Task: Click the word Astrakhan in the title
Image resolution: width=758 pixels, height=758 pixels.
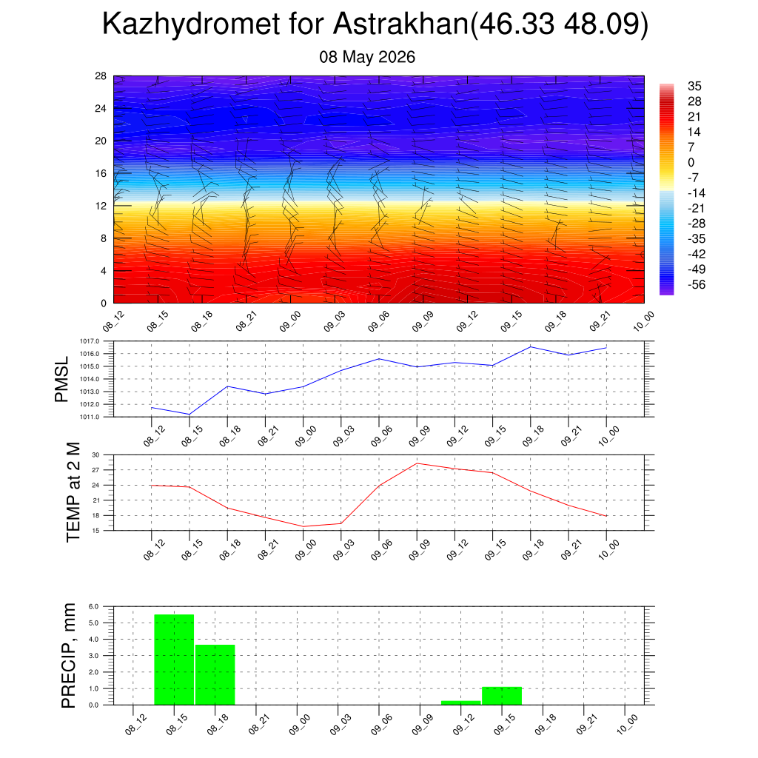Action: point(400,24)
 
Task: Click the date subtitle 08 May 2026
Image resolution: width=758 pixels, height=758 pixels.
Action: point(367,57)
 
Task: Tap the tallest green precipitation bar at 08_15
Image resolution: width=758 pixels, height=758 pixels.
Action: point(174,660)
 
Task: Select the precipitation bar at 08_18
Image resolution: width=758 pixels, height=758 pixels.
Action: point(215,675)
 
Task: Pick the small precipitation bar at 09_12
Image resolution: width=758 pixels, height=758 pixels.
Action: point(460,702)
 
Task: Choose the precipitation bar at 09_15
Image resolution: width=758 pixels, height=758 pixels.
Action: point(502,696)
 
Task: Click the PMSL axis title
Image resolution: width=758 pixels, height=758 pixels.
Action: point(62,380)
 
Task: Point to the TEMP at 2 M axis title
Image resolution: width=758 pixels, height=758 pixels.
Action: point(73,492)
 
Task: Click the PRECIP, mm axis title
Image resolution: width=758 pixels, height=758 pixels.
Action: point(69,656)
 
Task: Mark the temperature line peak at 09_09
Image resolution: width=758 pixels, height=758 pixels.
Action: point(417,463)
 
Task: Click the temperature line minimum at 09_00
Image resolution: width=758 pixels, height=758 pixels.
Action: point(303,526)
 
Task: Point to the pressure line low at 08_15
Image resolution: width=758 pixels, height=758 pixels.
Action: point(189,415)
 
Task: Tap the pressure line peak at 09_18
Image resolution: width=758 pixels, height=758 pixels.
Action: point(530,346)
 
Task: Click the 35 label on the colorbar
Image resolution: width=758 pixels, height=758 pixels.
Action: point(694,86)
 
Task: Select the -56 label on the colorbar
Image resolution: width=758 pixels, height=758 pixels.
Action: point(696,284)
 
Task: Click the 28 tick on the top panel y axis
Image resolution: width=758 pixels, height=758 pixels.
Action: point(101,76)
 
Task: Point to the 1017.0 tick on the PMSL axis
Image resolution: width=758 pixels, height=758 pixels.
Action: point(90,341)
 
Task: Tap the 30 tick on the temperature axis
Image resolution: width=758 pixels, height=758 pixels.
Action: point(95,455)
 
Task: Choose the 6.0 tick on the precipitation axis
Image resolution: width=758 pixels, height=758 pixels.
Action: point(94,607)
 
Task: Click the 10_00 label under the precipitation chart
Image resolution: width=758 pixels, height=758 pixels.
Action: point(627,724)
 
